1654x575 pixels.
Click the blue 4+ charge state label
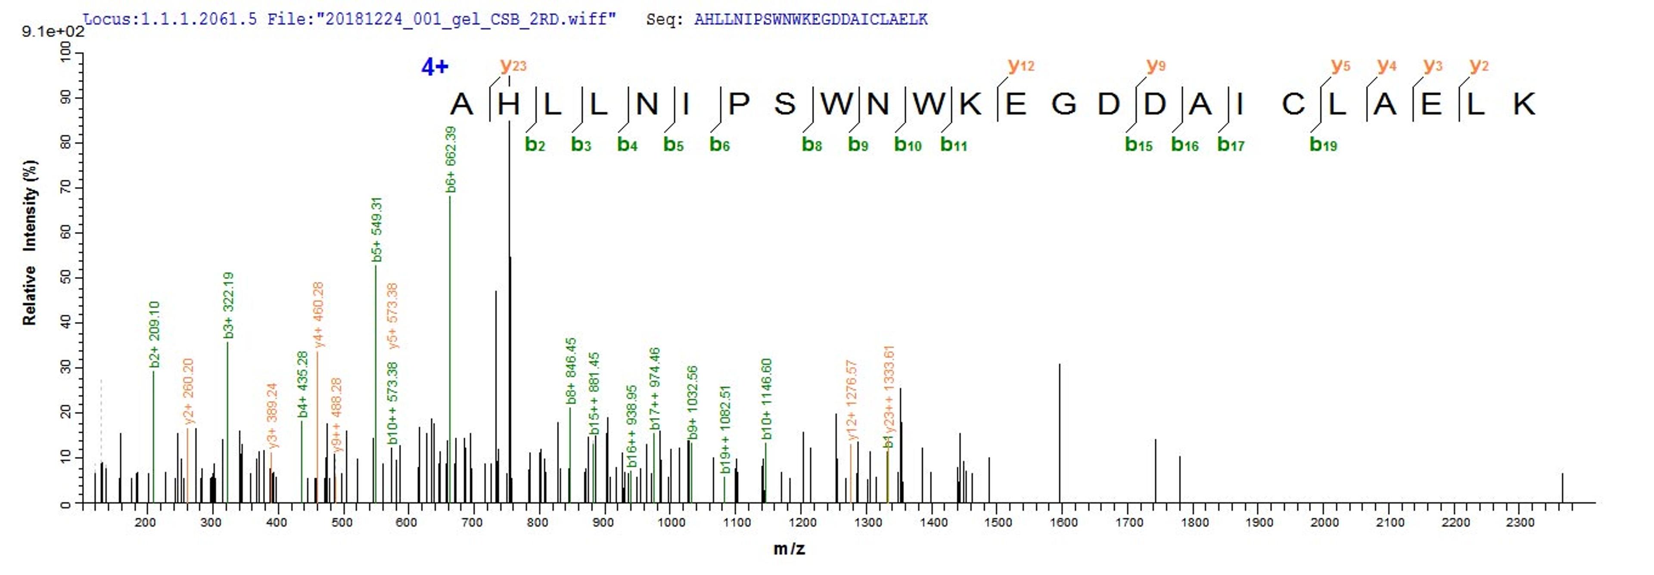tap(435, 66)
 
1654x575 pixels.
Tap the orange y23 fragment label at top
tap(513, 65)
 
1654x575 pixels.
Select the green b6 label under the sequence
tap(719, 144)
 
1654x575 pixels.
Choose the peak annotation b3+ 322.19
tap(229, 305)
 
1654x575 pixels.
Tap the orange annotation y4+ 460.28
tap(318, 315)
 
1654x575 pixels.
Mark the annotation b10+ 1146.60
tap(767, 399)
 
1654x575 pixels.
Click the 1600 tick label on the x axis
tap(1063, 523)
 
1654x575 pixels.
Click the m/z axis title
tap(789, 549)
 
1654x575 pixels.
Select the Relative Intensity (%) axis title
tap(30, 242)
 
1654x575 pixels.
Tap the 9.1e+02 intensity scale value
tap(53, 31)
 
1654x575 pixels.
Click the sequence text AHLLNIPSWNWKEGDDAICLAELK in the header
tap(810, 19)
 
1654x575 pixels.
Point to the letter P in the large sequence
tap(739, 104)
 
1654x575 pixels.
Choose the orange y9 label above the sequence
tap(1156, 65)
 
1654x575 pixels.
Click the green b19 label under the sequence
tap(1323, 144)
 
